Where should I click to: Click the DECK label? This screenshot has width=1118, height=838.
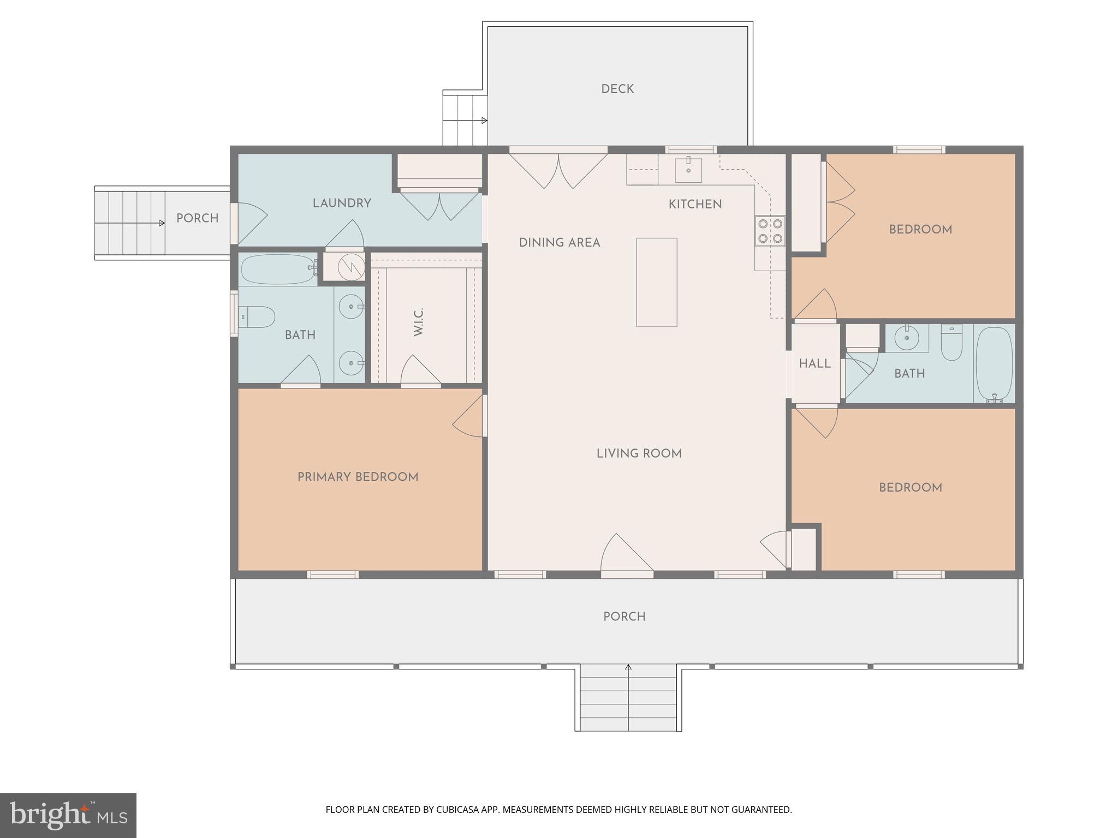[617, 89]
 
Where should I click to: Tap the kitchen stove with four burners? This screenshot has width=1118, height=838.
[770, 231]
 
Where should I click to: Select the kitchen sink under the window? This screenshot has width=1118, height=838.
[688, 170]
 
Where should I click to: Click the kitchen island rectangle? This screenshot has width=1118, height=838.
[657, 282]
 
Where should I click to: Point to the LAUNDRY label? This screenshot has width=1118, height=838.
[342, 203]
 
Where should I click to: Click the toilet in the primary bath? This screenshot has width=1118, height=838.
[257, 317]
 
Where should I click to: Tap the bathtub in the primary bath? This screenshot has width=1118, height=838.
[278, 269]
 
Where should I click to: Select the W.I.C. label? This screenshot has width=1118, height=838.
[419, 322]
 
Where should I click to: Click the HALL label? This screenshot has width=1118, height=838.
[814, 363]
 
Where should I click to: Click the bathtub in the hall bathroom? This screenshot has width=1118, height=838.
[994, 364]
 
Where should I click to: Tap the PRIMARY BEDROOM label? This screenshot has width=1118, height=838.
[358, 477]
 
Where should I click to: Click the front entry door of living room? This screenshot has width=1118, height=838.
[627, 556]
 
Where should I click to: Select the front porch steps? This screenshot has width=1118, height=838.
[628, 699]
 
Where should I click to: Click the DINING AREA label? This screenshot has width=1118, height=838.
[559, 243]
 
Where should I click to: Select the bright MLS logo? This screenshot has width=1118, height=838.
[68, 815]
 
